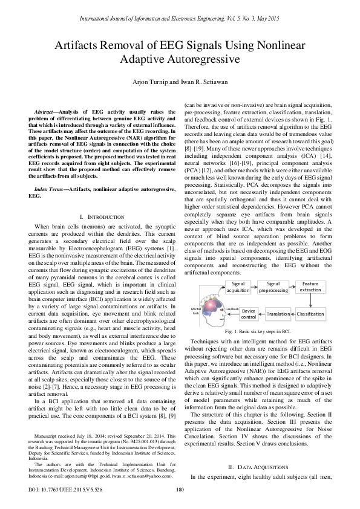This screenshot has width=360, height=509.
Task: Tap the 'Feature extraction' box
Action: click(x=311, y=287)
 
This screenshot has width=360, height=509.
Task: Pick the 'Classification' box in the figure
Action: click(x=311, y=314)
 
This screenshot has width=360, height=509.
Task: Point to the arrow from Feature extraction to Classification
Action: click(x=311, y=301)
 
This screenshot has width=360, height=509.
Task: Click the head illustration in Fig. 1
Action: click(x=209, y=308)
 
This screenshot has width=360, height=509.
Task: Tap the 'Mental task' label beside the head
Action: click(x=195, y=311)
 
